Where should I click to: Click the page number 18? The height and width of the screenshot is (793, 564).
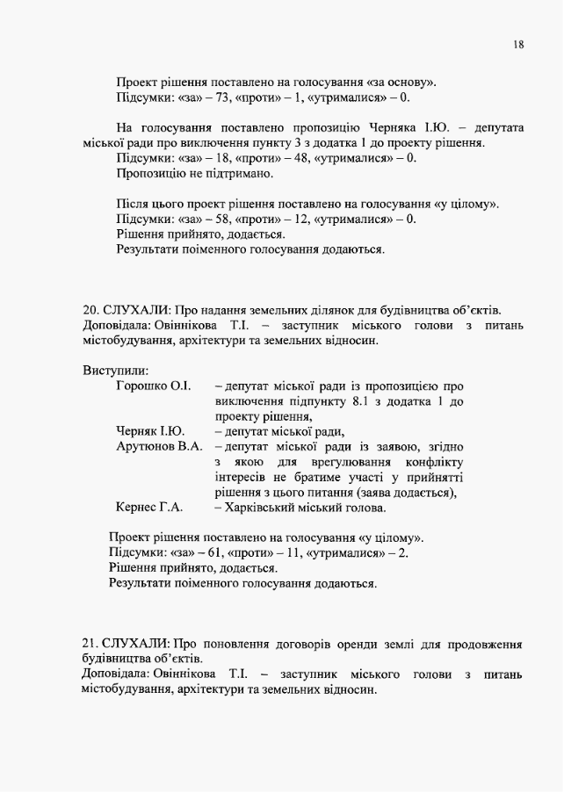518,44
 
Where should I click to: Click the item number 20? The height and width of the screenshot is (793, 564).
89,310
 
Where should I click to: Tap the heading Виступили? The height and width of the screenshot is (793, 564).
115,370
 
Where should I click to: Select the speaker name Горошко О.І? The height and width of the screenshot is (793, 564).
153,386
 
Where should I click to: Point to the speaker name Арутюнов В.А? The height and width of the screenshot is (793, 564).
159,446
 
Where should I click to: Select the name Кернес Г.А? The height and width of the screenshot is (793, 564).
148,508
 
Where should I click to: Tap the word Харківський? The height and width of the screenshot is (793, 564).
263,508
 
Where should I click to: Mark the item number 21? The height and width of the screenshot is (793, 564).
89,644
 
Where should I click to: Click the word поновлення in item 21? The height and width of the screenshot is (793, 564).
228,644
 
